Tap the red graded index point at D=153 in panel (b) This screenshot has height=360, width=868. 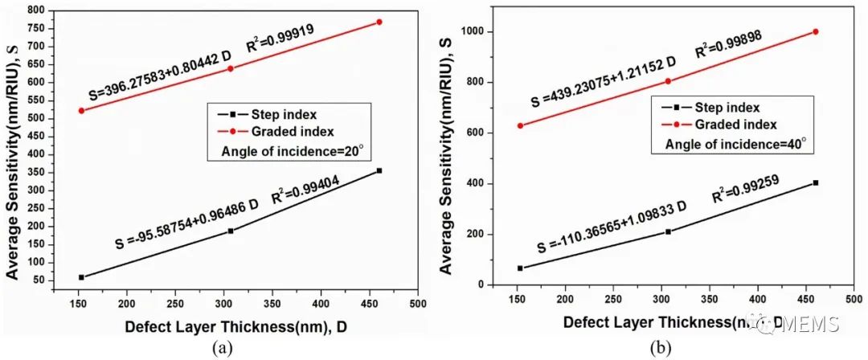[x=520, y=125]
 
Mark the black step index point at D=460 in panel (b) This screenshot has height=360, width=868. [x=816, y=182]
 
